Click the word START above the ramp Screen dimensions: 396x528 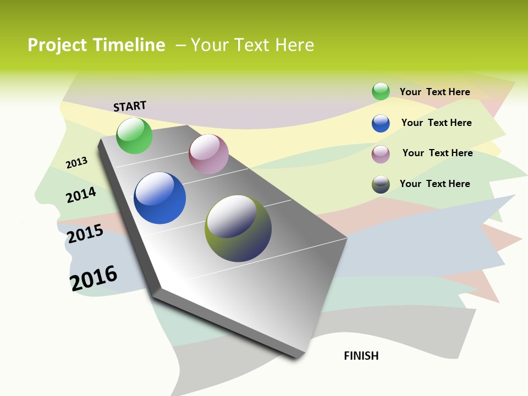point(130,106)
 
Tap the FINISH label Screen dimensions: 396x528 point(361,356)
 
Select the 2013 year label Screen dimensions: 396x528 point(76,163)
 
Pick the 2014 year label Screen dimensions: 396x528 point(81,195)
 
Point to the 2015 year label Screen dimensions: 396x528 point(85,234)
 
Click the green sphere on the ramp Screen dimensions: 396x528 point(134,135)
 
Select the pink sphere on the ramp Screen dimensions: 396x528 point(208,154)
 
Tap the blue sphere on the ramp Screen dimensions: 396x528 point(159,198)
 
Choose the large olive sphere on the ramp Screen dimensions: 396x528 point(238,228)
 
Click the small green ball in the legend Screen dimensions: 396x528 point(381,91)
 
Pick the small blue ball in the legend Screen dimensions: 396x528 point(381,123)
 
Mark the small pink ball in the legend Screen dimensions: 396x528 point(381,154)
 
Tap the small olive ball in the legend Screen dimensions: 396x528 point(381,184)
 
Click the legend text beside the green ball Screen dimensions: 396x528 point(435,92)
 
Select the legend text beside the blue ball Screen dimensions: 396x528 point(436,123)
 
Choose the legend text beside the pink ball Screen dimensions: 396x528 point(437,153)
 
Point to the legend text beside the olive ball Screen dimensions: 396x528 point(435,184)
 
